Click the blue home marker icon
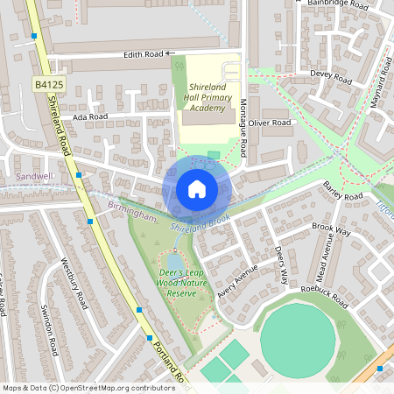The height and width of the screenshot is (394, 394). [x=196, y=189]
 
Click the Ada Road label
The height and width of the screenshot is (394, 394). [x=90, y=116]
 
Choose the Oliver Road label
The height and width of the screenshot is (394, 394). [x=269, y=123]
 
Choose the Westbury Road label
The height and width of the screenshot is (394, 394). [x=75, y=283]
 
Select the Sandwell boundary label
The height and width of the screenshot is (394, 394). [x=35, y=176]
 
